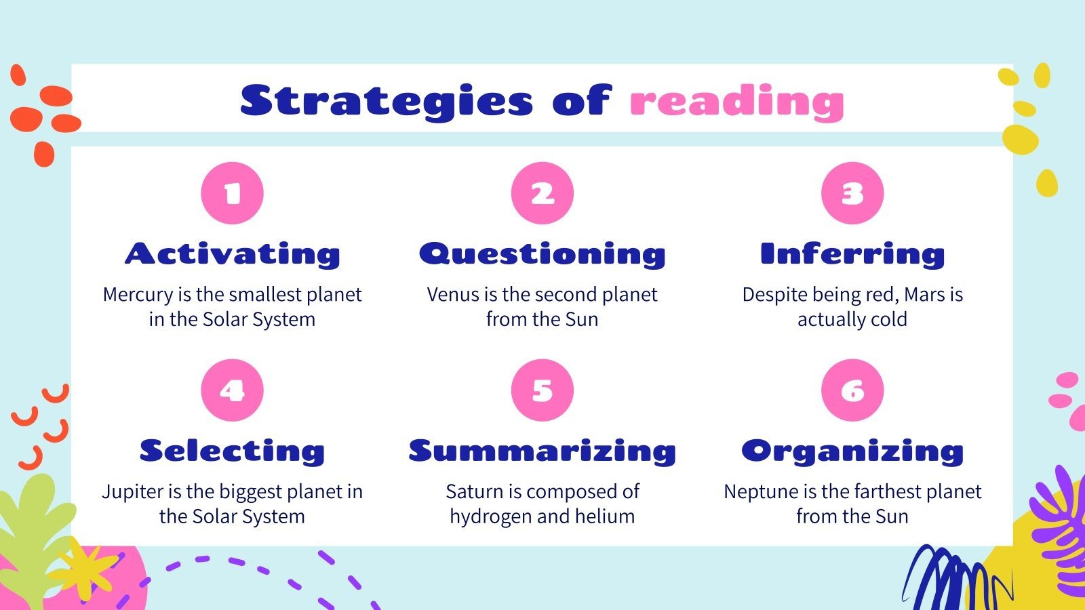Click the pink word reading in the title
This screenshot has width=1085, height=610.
tap(736, 102)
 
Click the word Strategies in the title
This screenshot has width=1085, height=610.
tap(387, 102)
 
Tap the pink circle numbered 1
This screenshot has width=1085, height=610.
tap(232, 193)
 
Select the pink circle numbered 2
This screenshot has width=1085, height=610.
tap(542, 193)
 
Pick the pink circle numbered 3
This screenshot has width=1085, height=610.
tap(852, 193)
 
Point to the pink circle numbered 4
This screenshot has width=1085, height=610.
tap(232, 390)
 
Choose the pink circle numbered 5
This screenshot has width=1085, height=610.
tap(542, 390)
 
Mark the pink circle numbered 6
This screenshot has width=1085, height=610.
tap(852, 390)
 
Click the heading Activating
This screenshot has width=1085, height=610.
tap(232, 254)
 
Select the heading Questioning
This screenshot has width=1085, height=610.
tap(542, 254)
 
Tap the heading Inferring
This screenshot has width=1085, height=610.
tap(852, 254)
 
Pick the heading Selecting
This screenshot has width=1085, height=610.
tap(232, 451)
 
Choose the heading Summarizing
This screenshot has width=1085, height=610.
tap(542, 451)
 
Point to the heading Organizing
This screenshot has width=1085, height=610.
tap(852, 451)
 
